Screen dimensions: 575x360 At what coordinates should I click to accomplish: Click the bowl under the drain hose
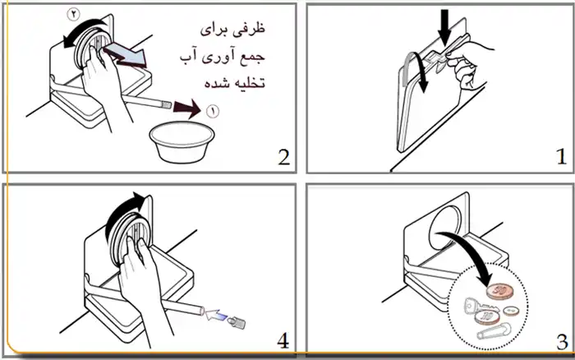tap(182, 143)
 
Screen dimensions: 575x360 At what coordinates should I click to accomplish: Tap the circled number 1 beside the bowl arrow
tap(213, 111)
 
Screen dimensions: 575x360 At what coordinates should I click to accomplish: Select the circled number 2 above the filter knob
tap(74, 15)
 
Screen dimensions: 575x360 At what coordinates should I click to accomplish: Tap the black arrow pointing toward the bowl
tap(187, 109)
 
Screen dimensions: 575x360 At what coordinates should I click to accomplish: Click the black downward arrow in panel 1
tap(444, 27)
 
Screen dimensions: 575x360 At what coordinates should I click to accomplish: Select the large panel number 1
tap(561, 157)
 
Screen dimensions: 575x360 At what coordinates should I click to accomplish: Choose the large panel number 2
tap(284, 157)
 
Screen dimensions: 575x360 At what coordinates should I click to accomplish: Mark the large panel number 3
tap(562, 342)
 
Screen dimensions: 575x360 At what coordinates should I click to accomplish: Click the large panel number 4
tap(283, 341)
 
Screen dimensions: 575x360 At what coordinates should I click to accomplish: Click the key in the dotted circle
tap(479, 307)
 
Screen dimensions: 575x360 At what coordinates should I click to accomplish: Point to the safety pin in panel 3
tap(494, 331)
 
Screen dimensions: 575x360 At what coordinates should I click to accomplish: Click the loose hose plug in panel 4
tap(237, 322)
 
